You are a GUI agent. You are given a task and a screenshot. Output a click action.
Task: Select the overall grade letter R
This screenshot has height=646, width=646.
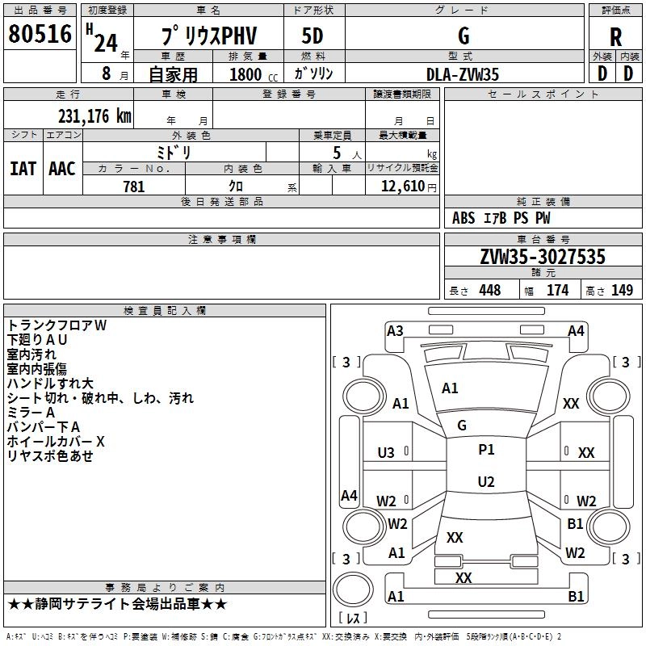click(615, 37)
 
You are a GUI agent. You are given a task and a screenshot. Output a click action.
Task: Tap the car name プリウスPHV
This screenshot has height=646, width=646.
click(208, 37)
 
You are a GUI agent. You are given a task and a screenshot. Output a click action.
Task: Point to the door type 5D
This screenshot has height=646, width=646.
click(313, 37)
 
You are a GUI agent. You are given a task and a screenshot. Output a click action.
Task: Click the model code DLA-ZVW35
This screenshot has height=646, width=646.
click(463, 74)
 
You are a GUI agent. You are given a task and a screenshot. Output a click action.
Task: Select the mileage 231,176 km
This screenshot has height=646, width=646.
click(94, 116)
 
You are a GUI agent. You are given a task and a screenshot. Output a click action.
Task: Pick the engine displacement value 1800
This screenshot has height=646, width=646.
click(245, 75)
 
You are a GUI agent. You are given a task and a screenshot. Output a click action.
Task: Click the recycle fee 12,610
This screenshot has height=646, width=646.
click(402, 187)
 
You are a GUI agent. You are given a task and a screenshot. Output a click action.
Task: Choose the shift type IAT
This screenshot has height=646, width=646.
click(23, 169)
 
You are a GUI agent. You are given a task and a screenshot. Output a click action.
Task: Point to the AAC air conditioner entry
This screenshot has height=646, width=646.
click(62, 169)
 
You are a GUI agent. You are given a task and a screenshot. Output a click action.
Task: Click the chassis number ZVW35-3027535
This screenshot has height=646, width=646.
click(543, 258)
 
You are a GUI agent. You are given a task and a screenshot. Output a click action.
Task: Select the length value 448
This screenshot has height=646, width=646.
click(489, 291)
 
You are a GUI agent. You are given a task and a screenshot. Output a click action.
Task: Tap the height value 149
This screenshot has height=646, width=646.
click(622, 291)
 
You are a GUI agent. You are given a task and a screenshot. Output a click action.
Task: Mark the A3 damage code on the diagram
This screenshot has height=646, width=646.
click(395, 330)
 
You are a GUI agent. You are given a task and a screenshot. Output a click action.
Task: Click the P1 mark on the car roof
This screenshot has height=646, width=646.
click(486, 450)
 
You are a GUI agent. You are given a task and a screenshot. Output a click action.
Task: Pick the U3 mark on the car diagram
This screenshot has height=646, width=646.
click(386, 453)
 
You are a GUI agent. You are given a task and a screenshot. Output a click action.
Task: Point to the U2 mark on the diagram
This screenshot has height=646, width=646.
click(486, 482)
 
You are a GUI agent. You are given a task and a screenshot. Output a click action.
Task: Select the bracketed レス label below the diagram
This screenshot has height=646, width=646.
click(353, 619)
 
